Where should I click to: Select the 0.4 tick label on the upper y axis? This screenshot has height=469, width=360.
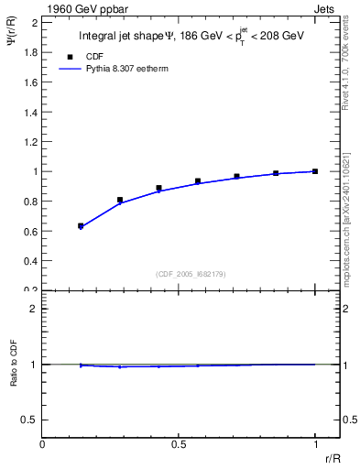click(29, 261)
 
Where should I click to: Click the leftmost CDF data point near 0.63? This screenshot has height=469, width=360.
click(81, 225)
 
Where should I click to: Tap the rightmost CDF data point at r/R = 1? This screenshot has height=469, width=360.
click(315, 171)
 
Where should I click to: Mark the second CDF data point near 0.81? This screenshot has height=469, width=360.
click(120, 200)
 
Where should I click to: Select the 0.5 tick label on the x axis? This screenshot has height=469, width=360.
click(179, 444)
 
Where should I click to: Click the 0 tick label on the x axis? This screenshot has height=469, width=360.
click(43, 444)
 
